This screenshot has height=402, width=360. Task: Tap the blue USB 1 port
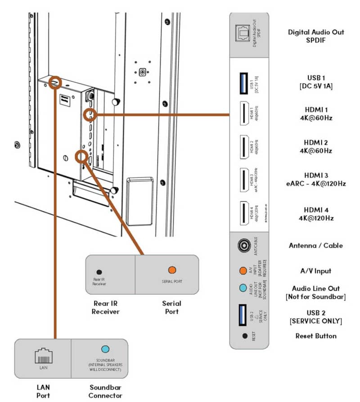(243, 84)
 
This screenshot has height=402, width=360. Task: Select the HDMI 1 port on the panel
(243, 115)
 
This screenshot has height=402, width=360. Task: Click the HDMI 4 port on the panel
(243, 212)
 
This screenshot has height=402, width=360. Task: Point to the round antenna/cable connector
(243, 246)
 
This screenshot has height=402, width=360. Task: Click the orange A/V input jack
(243, 271)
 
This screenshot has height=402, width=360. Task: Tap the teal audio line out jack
(243, 288)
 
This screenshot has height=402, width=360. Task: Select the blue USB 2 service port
(243, 313)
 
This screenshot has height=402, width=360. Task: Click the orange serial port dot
(171, 270)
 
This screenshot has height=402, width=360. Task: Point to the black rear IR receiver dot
(99, 272)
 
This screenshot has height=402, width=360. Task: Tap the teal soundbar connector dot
(105, 349)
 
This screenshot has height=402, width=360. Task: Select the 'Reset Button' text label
(316, 336)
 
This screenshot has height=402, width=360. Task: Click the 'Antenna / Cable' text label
(315, 246)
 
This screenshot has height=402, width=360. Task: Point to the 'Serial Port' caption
(171, 307)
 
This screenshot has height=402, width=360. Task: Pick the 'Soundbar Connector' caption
(105, 391)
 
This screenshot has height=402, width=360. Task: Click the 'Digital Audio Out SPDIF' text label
(316, 36)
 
